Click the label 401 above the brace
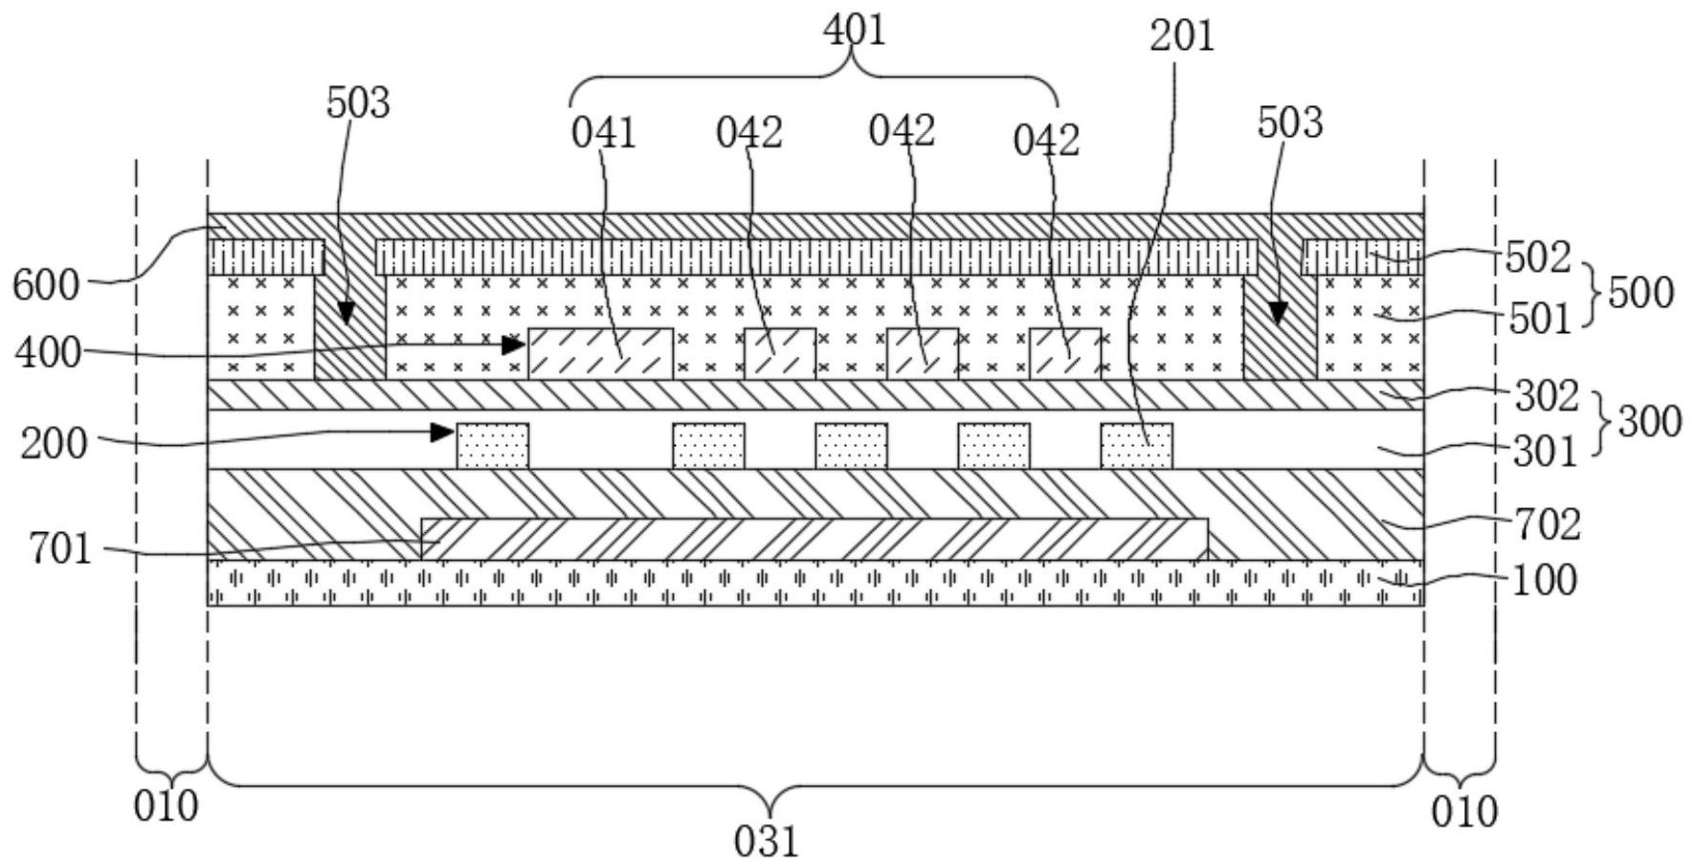pos(855,31)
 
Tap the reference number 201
pos(1181,36)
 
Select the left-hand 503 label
pos(358,103)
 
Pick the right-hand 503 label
pos(1289,123)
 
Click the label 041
pos(603,134)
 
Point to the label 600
pos(45,286)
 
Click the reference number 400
pos(47,353)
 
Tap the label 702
pos(1547,524)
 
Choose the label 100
pos(1544,580)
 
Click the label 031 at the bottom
pos(766,842)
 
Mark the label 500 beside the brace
pos(1640,293)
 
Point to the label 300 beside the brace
pos(1649,421)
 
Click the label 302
pos(1546,395)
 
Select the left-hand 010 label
pos(166,807)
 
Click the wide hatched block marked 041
pos(600,354)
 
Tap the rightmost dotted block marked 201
pos(1136,446)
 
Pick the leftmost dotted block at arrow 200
pos(492,446)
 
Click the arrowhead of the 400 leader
pos(517,344)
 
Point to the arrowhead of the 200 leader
pos(444,433)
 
